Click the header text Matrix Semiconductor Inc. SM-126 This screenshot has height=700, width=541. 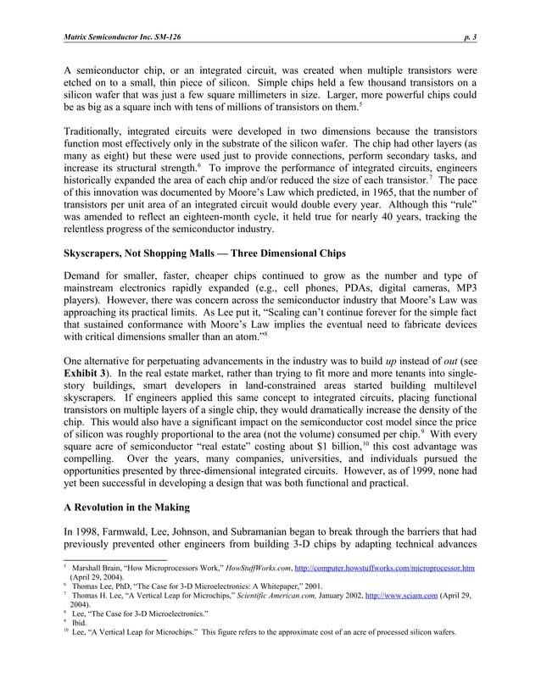122,38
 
